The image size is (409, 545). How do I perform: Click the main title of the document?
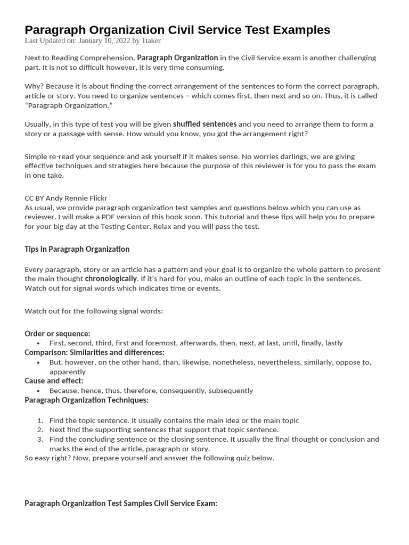point(177,30)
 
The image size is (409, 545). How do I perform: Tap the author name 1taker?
point(151,40)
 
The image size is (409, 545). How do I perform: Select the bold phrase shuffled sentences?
point(204,124)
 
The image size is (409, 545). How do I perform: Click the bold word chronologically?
point(111,278)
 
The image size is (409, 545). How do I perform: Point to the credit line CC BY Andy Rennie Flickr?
point(66,198)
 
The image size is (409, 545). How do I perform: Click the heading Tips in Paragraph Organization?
point(77,249)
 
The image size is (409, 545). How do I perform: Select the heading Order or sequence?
point(58,334)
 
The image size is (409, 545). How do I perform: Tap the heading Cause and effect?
point(54,381)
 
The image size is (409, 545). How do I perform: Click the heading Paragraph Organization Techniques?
point(86,400)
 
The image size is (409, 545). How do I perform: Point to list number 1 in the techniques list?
point(39,420)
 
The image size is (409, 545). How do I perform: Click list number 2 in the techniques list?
point(39,430)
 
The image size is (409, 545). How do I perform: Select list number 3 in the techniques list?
point(39,440)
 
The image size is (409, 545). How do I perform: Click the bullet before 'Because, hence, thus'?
point(38,391)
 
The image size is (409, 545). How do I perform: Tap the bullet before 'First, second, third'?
point(38,343)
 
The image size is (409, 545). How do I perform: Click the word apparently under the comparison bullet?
point(67,372)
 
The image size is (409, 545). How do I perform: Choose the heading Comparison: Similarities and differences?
point(94,352)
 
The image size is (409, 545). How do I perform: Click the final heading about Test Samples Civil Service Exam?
point(121,503)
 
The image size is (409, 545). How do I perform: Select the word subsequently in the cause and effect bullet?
point(231,391)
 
